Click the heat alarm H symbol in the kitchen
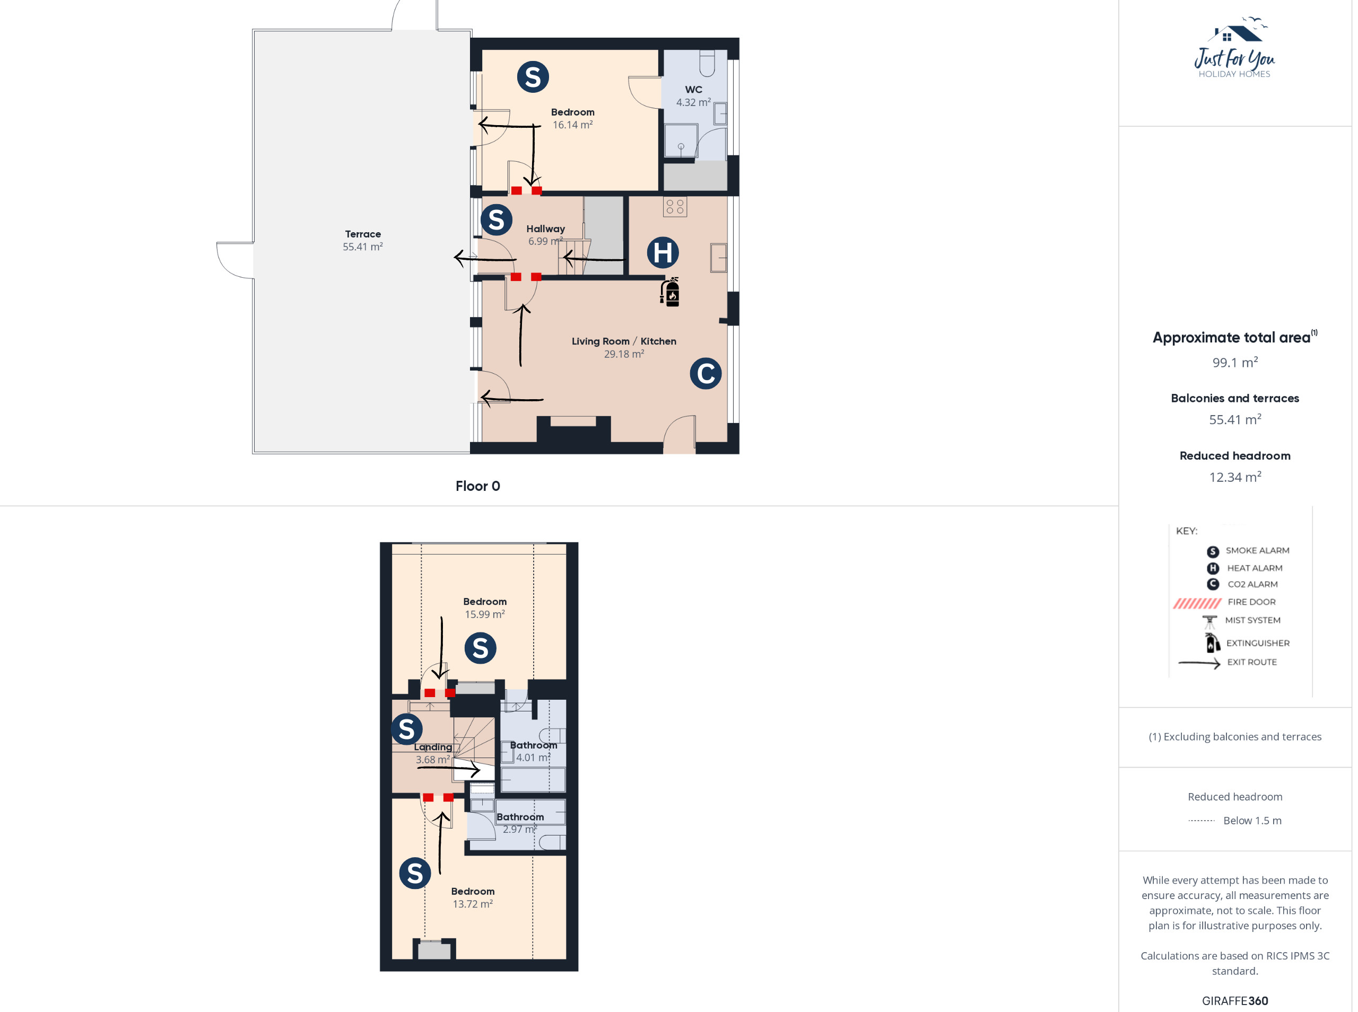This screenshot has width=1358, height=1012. [x=663, y=252]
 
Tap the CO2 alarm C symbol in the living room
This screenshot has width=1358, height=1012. [x=706, y=374]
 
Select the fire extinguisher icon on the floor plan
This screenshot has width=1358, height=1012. [x=670, y=292]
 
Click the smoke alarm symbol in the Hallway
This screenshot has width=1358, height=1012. [x=497, y=220]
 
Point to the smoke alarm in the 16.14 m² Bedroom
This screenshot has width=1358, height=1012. [x=533, y=77]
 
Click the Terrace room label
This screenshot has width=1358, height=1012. [x=363, y=234]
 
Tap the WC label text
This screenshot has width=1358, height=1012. [x=693, y=90]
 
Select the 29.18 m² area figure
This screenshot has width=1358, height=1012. [x=624, y=354]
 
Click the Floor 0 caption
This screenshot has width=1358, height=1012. [x=477, y=486]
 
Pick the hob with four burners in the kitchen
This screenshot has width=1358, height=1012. [x=675, y=206]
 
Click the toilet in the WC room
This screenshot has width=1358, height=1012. [x=707, y=63]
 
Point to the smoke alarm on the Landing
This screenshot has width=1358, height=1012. [x=406, y=729]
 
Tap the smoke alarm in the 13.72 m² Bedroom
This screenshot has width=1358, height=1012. [x=415, y=873]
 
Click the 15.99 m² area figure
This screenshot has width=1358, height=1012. [x=485, y=614]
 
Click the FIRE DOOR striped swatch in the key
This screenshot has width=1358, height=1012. [x=1197, y=603]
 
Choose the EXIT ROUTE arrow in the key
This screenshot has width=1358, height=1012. [x=1199, y=663]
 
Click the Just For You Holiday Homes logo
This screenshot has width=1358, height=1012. [x=1234, y=48]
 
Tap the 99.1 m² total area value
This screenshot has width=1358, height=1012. [x=1235, y=362]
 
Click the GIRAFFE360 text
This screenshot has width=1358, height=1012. [x=1235, y=1000]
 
